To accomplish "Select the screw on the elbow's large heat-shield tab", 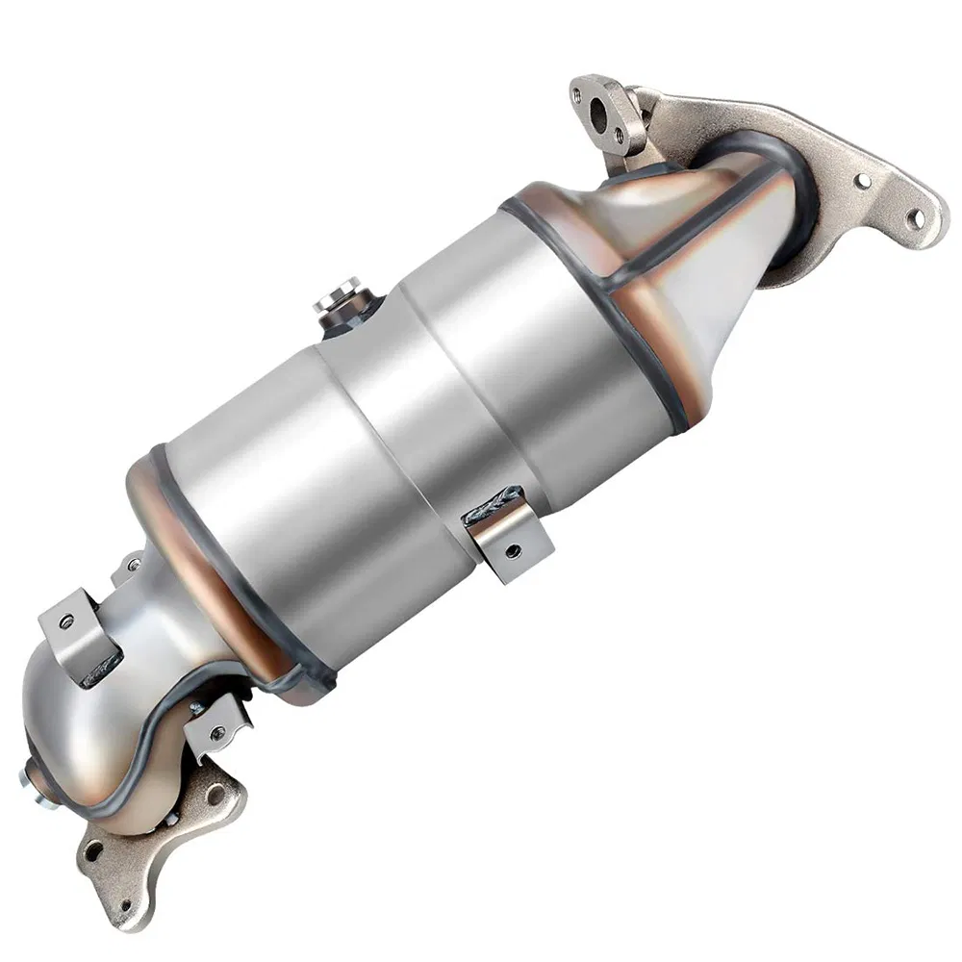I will click(x=66, y=620).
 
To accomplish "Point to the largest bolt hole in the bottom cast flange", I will click(x=216, y=795).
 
